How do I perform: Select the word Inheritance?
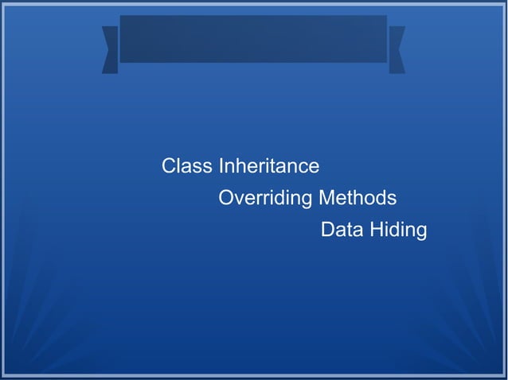point(268,167)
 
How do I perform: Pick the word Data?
point(340,231)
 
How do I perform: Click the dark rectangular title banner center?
point(253,39)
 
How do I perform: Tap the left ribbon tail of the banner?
point(111,49)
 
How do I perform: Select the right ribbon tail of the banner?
point(397,49)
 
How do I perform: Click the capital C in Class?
point(169,167)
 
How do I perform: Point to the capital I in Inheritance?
point(221,167)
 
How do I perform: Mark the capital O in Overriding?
point(226,198)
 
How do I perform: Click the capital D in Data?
point(327,231)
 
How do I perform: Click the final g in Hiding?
point(421,232)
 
